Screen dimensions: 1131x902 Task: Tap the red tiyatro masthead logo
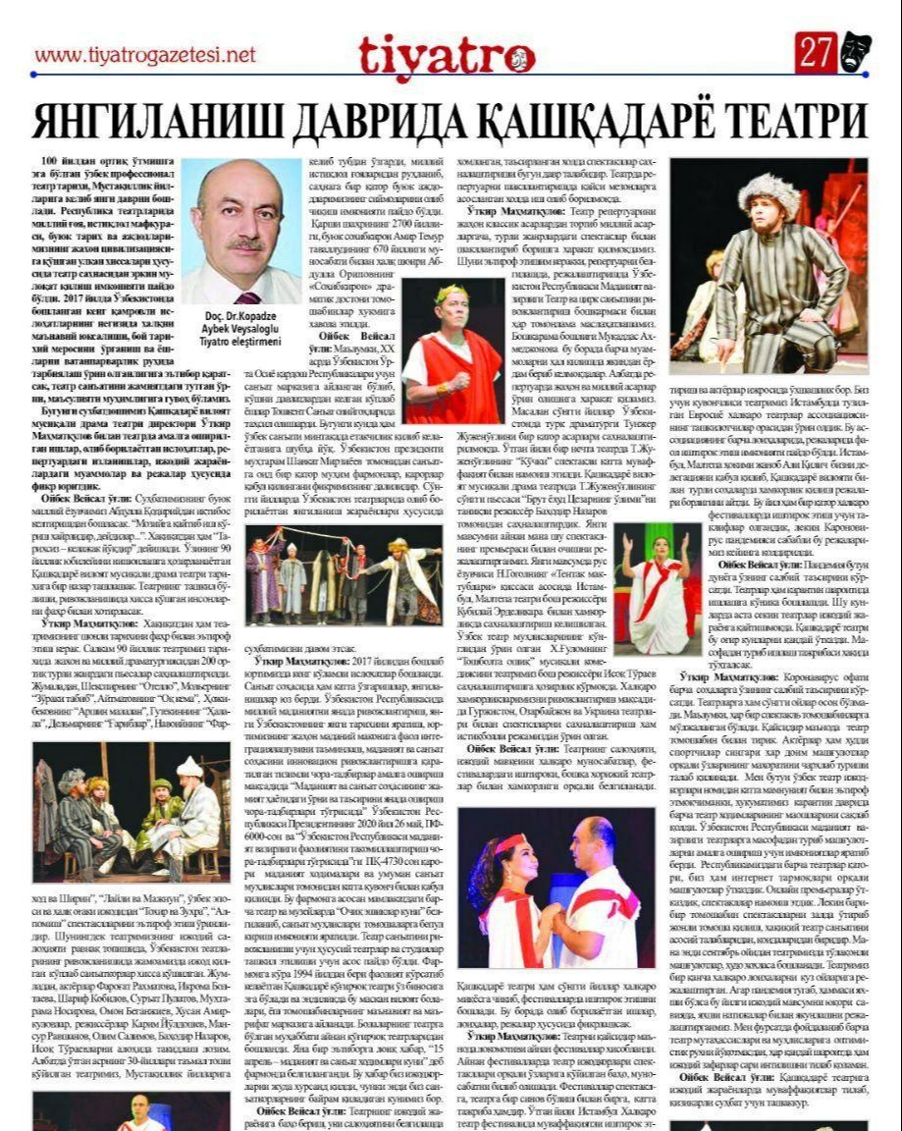(446, 55)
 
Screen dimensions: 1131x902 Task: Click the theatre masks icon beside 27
(855, 52)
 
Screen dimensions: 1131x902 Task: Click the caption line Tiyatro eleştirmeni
(241, 343)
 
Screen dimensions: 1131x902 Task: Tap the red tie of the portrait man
(247, 297)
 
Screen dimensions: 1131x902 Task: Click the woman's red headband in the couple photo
(509, 843)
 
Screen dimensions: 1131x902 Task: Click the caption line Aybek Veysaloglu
(241, 331)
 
